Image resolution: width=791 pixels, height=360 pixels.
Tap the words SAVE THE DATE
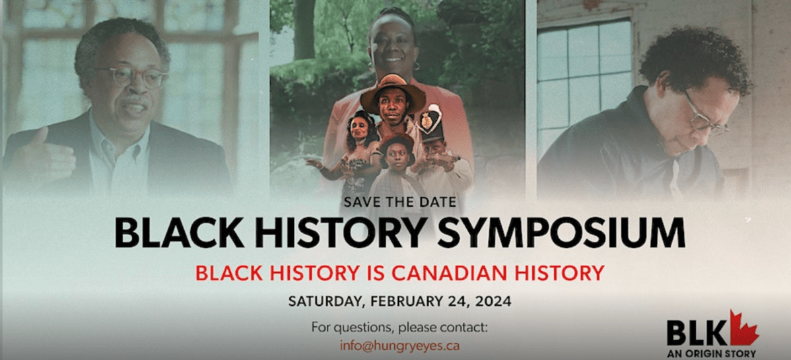tap(399, 200)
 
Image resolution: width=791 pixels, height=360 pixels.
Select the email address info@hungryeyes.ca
tap(399, 345)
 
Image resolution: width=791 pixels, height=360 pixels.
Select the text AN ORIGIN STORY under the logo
tap(712, 353)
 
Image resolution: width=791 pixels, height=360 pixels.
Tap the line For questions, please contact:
tap(399, 327)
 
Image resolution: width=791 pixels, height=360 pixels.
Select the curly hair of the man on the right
tap(693, 59)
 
